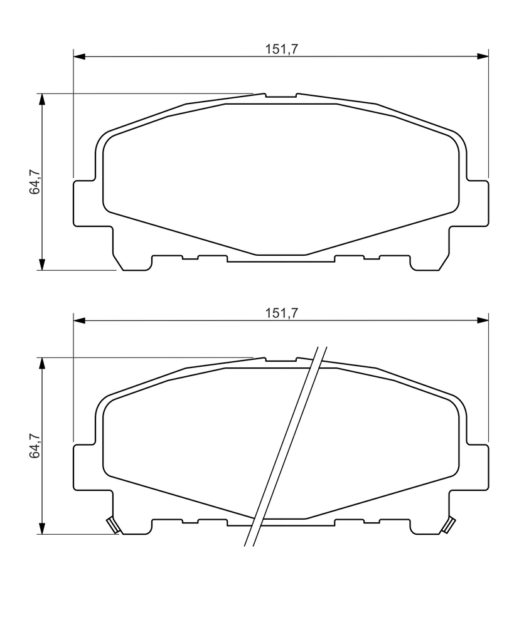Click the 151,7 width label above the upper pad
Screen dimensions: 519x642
281,49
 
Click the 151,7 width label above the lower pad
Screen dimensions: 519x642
281,313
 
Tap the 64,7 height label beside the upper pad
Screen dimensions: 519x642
35,181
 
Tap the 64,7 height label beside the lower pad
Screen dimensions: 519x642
35,446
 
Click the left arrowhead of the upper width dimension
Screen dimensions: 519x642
78,56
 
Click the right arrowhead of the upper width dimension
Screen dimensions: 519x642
483,56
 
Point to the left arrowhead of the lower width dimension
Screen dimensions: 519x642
78,320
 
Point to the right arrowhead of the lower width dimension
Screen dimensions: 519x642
483,320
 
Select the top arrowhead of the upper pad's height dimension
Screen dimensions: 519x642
41,99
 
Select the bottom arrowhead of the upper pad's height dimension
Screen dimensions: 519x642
41,265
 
